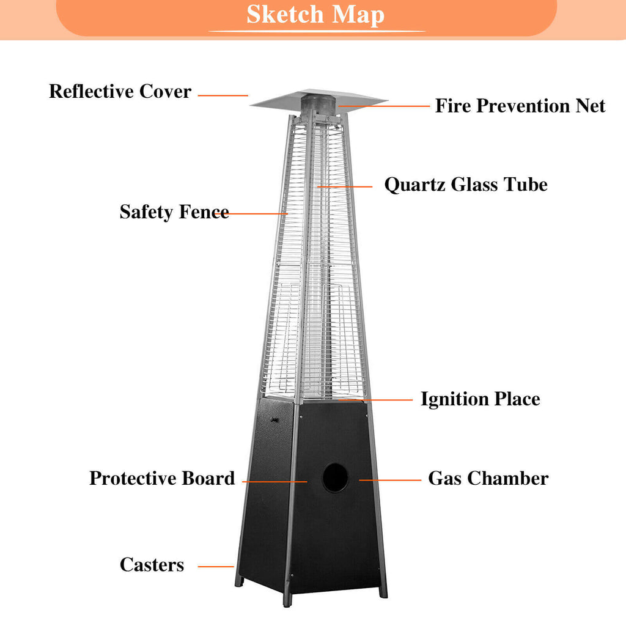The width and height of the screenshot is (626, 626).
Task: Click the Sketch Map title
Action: coord(315,15)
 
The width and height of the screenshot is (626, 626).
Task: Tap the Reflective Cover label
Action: coord(120,92)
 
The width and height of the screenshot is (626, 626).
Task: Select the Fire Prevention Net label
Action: coord(520,106)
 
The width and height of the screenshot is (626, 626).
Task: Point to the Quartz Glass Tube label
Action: coord(466,185)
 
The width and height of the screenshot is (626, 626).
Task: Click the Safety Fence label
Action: coord(174,212)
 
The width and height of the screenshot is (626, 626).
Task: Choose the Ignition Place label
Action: coord(481,399)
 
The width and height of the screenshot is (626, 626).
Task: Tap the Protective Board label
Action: coord(162,478)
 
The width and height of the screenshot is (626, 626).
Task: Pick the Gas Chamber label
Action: coord(488,478)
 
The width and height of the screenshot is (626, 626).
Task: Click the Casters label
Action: coord(152,565)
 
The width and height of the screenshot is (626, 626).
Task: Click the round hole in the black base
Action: coord(335,478)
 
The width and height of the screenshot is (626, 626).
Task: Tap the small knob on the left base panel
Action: coord(274,419)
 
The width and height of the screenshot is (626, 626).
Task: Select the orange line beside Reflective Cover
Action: coord(223,95)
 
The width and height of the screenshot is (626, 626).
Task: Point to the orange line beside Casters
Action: coord(216,567)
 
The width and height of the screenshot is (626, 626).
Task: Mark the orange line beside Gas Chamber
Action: coord(390,480)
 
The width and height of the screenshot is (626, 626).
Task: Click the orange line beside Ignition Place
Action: coord(375,399)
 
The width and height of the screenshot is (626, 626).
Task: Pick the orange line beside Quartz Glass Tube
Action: coord(345,186)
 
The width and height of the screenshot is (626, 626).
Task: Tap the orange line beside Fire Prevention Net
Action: coord(384,106)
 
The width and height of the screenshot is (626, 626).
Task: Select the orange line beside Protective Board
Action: coord(274,482)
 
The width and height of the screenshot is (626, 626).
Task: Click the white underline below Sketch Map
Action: coord(317,31)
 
